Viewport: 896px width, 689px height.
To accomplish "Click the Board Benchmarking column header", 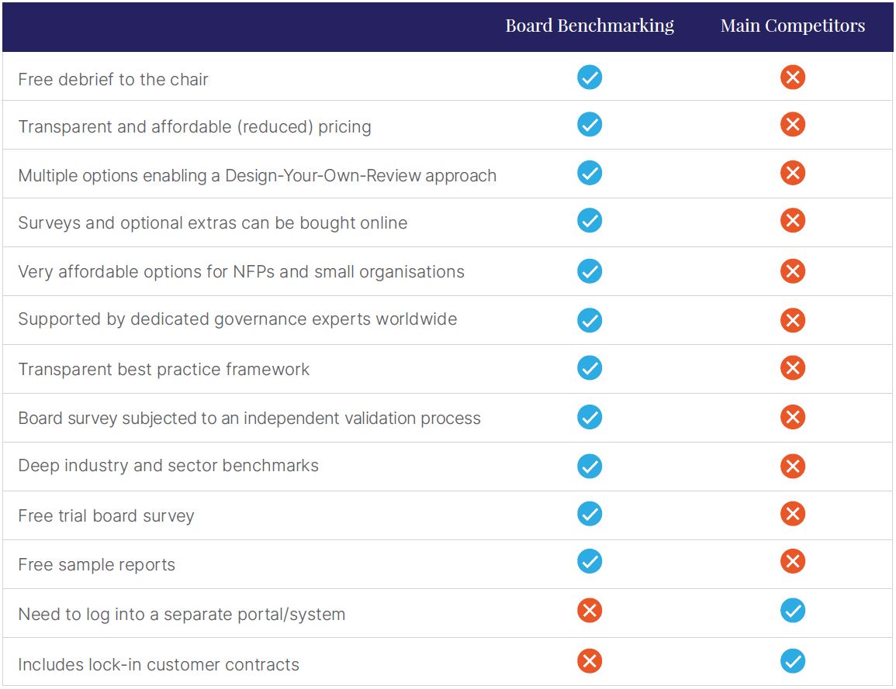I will tap(590, 26).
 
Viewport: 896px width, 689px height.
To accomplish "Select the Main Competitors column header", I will tap(792, 26).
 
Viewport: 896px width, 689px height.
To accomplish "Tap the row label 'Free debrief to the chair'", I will tap(113, 79).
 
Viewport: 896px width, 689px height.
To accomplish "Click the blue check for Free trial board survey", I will tap(590, 514).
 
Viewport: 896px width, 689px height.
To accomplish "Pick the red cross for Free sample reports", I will tap(792, 561).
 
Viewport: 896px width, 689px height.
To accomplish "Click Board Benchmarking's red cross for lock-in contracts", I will tap(590, 661).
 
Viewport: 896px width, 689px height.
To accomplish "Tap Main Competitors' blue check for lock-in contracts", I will tap(792, 661).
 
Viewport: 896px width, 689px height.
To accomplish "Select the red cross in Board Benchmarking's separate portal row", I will tap(590, 611).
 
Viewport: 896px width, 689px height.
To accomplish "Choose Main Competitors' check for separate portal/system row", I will tap(792, 611).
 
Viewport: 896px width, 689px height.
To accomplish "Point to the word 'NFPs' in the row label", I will tap(252, 272).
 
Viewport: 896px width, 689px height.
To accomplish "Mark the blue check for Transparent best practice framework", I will tap(590, 367).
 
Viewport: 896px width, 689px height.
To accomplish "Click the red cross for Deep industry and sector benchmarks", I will tap(792, 466).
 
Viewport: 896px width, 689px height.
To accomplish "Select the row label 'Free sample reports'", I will tap(97, 565).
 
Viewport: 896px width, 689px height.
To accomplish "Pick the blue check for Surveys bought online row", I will tap(590, 221).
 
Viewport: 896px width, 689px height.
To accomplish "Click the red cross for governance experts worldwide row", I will tap(792, 320).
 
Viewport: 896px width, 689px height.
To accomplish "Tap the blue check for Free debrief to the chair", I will tap(590, 78).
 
